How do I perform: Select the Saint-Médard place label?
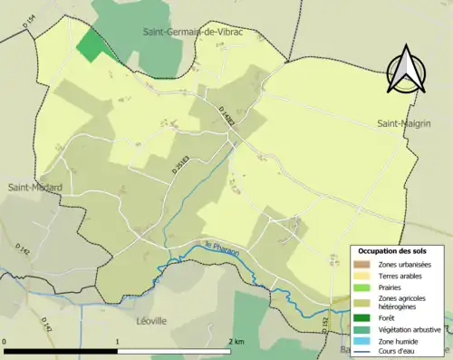tap(34, 188)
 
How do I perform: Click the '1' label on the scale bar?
tap(118, 342)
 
